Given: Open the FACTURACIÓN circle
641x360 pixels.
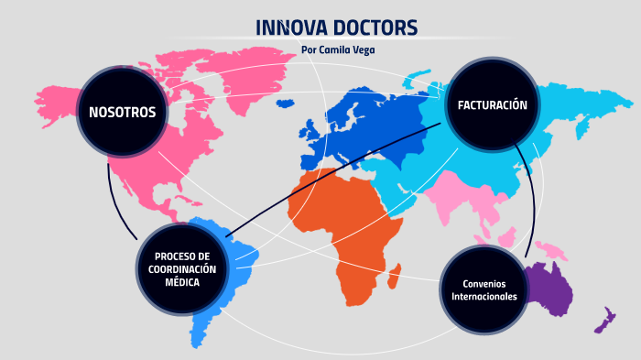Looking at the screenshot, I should click(492, 105).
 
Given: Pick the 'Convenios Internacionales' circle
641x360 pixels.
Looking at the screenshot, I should click(484, 289).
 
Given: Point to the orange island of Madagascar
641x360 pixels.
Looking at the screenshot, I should click(395, 273).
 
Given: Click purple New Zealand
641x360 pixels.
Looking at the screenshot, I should click(604, 321).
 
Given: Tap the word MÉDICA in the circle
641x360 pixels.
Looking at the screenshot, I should click(182, 282).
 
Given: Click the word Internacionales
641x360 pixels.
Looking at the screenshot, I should click(484, 296).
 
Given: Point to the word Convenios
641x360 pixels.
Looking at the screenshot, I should click(484, 282).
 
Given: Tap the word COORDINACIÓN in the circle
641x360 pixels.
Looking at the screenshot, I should click(182, 268).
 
